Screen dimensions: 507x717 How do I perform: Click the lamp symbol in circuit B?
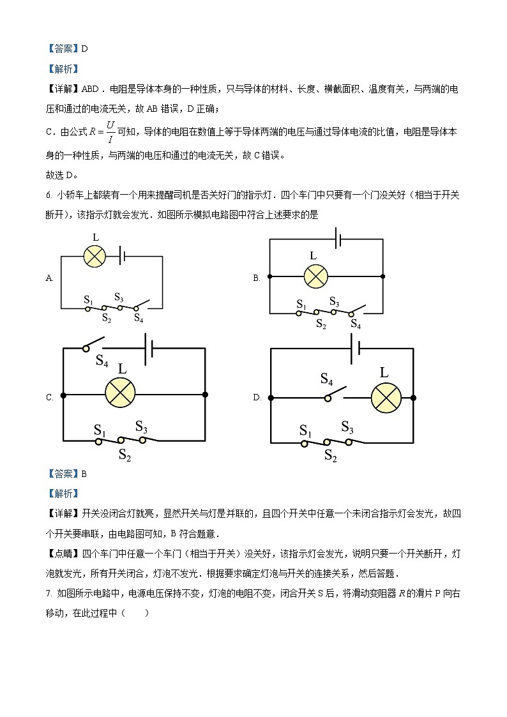315,276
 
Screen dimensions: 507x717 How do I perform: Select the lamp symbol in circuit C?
119,395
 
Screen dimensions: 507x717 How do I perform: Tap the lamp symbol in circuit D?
386,398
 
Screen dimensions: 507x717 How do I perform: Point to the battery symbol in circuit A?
121,256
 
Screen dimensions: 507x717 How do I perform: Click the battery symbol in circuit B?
339,239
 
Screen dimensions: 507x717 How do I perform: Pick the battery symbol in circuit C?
148,349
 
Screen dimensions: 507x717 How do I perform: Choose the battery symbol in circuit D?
356,349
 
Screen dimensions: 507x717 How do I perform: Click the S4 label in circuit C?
102,361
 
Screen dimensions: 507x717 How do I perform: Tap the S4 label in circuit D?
326,381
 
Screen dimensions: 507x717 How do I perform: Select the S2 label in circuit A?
107,319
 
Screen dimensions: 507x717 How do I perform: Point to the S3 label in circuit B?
335,301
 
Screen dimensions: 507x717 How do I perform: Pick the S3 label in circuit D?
347,426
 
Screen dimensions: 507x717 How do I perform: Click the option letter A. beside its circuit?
49,278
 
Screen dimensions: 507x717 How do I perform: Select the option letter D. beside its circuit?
257,397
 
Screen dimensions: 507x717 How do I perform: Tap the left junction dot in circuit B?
270,277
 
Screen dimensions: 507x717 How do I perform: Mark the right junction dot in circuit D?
413,398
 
